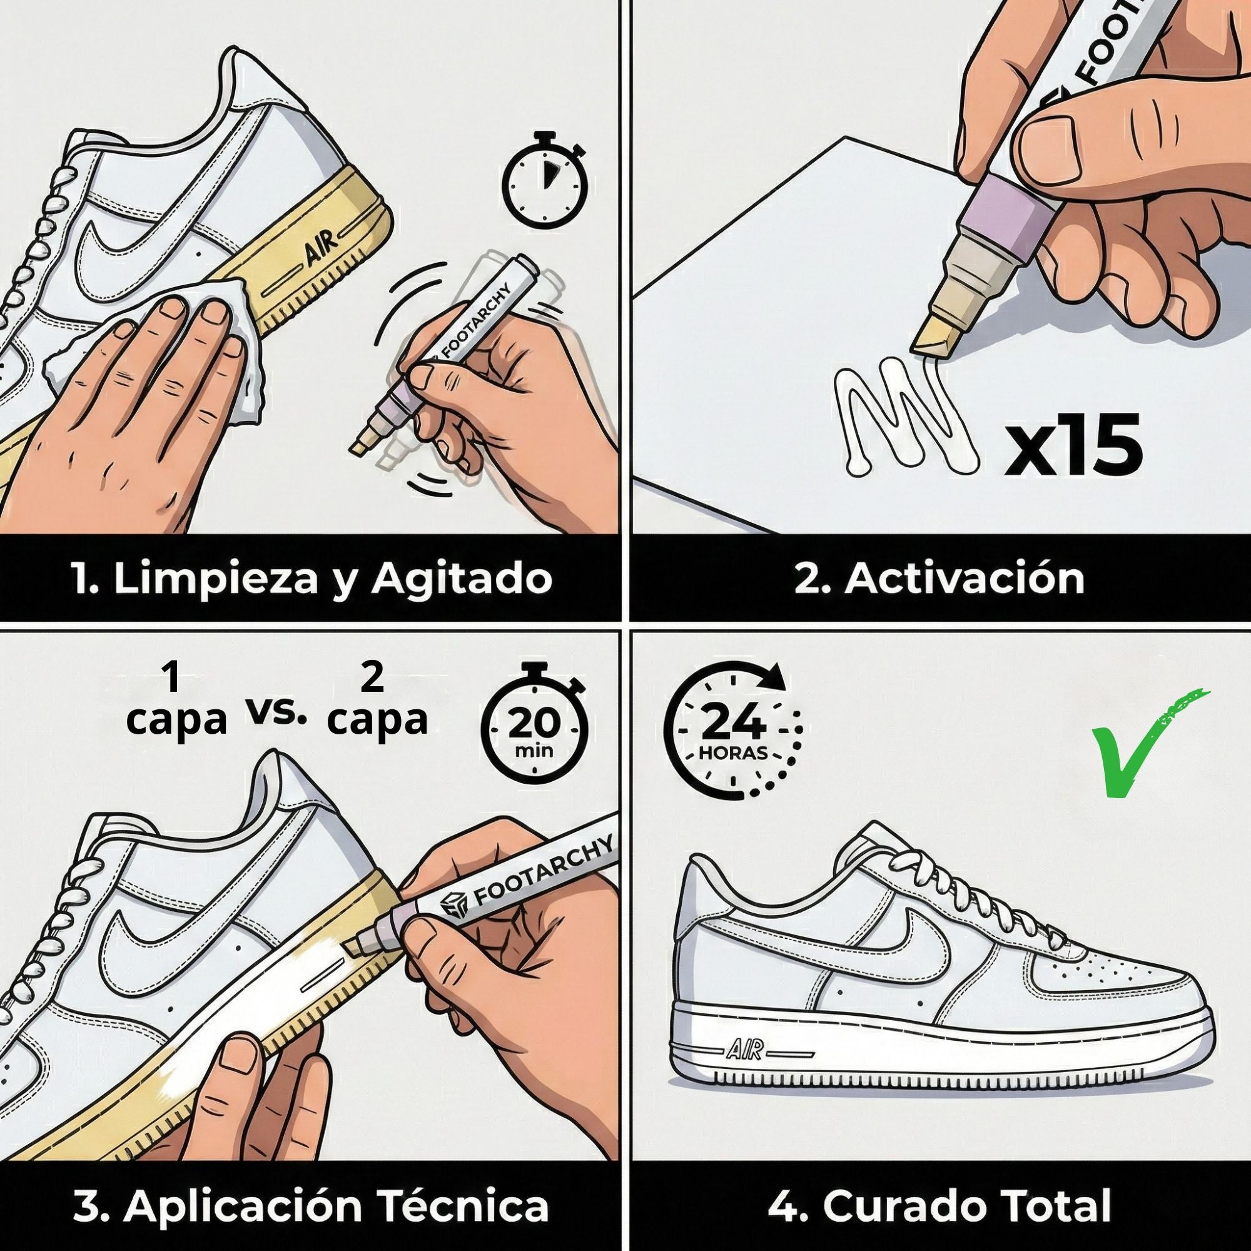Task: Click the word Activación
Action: tap(964, 578)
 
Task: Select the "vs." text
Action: tap(276, 713)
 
